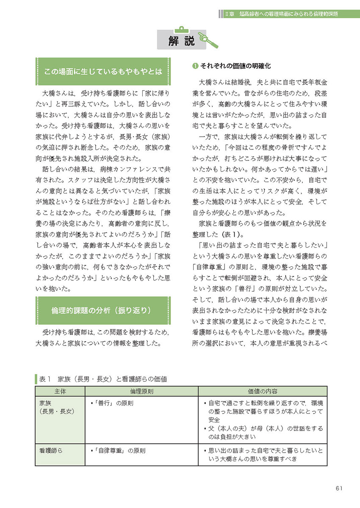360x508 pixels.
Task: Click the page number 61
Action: click(x=338, y=488)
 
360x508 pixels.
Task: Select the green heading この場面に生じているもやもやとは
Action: click(x=103, y=72)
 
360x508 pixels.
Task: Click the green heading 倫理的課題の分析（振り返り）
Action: click(x=103, y=310)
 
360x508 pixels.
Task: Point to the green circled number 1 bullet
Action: click(x=195, y=66)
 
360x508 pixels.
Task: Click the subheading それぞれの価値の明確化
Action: click(x=235, y=66)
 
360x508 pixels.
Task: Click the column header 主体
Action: click(x=60, y=391)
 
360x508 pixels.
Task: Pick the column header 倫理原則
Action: click(x=141, y=391)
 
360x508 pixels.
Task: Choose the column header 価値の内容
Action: click(x=262, y=391)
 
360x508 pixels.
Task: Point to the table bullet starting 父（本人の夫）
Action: click(x=264, y=433)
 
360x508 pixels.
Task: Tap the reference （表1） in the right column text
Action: click(x=241, y=234)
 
